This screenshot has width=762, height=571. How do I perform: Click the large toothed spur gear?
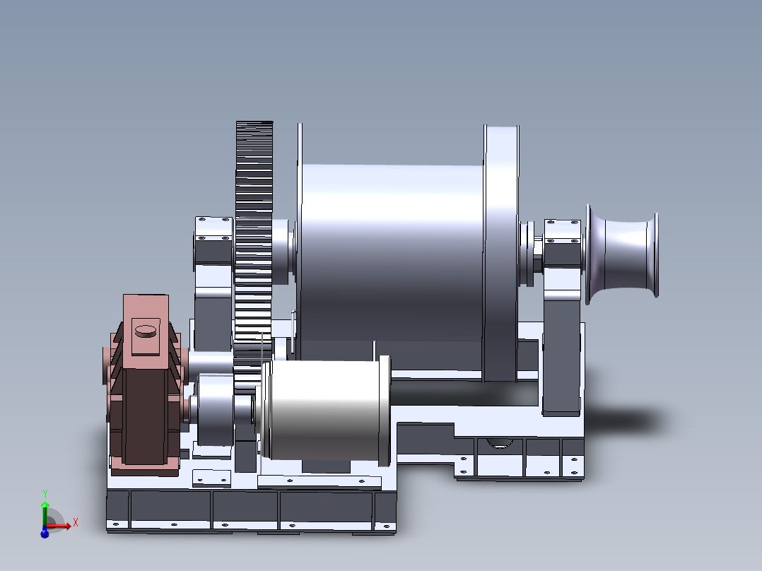pos(254,233)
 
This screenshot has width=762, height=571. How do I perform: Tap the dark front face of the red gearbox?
pos(146,417)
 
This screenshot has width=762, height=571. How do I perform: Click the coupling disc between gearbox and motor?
pos(216,410)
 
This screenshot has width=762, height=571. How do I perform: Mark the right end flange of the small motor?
pos(385,410)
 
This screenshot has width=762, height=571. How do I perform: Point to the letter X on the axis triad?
pos(75,522)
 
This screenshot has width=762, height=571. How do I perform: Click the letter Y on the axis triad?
pos(45,493)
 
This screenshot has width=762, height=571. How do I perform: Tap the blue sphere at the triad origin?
pos(44,534)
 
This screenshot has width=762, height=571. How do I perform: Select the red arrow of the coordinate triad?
pos(59,526)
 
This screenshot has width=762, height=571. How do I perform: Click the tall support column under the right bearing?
pos(562,353)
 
